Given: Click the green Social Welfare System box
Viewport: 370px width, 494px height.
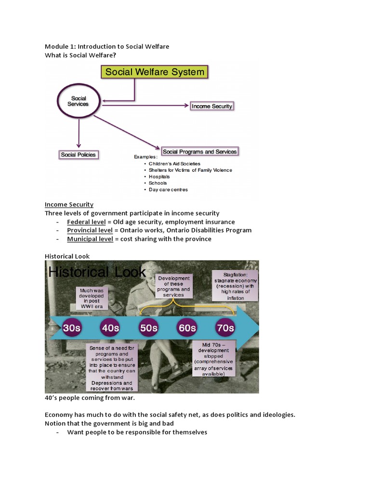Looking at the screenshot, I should coord(155,72).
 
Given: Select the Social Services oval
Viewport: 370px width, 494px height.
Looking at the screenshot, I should coord(79,101).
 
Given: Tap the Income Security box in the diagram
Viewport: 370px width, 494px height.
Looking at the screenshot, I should coord(211,106).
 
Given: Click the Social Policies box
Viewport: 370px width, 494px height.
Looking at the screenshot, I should coord(78,155).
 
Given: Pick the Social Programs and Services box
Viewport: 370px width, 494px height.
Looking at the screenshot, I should coord(199,151).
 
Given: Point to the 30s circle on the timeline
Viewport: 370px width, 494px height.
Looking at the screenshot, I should coord(72,328).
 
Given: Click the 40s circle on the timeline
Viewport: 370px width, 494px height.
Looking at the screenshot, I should coord(110,328).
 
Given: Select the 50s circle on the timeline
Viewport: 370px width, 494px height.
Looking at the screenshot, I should coord(148,328).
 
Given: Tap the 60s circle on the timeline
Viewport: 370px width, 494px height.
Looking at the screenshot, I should coord(187,328).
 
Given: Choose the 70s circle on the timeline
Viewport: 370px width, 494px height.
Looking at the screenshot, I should coord(225,328).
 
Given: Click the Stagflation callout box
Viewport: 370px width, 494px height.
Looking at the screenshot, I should coord(236,286).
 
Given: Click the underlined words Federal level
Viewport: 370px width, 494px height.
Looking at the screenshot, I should coord(86,222).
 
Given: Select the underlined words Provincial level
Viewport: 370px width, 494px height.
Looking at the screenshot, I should coord(90,231).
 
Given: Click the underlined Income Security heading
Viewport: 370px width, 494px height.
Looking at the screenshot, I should coord(69,205).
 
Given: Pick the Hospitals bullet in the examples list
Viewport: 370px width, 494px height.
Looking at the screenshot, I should coord(159,177).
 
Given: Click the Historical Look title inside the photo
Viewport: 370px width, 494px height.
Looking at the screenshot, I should coord(97,273).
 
